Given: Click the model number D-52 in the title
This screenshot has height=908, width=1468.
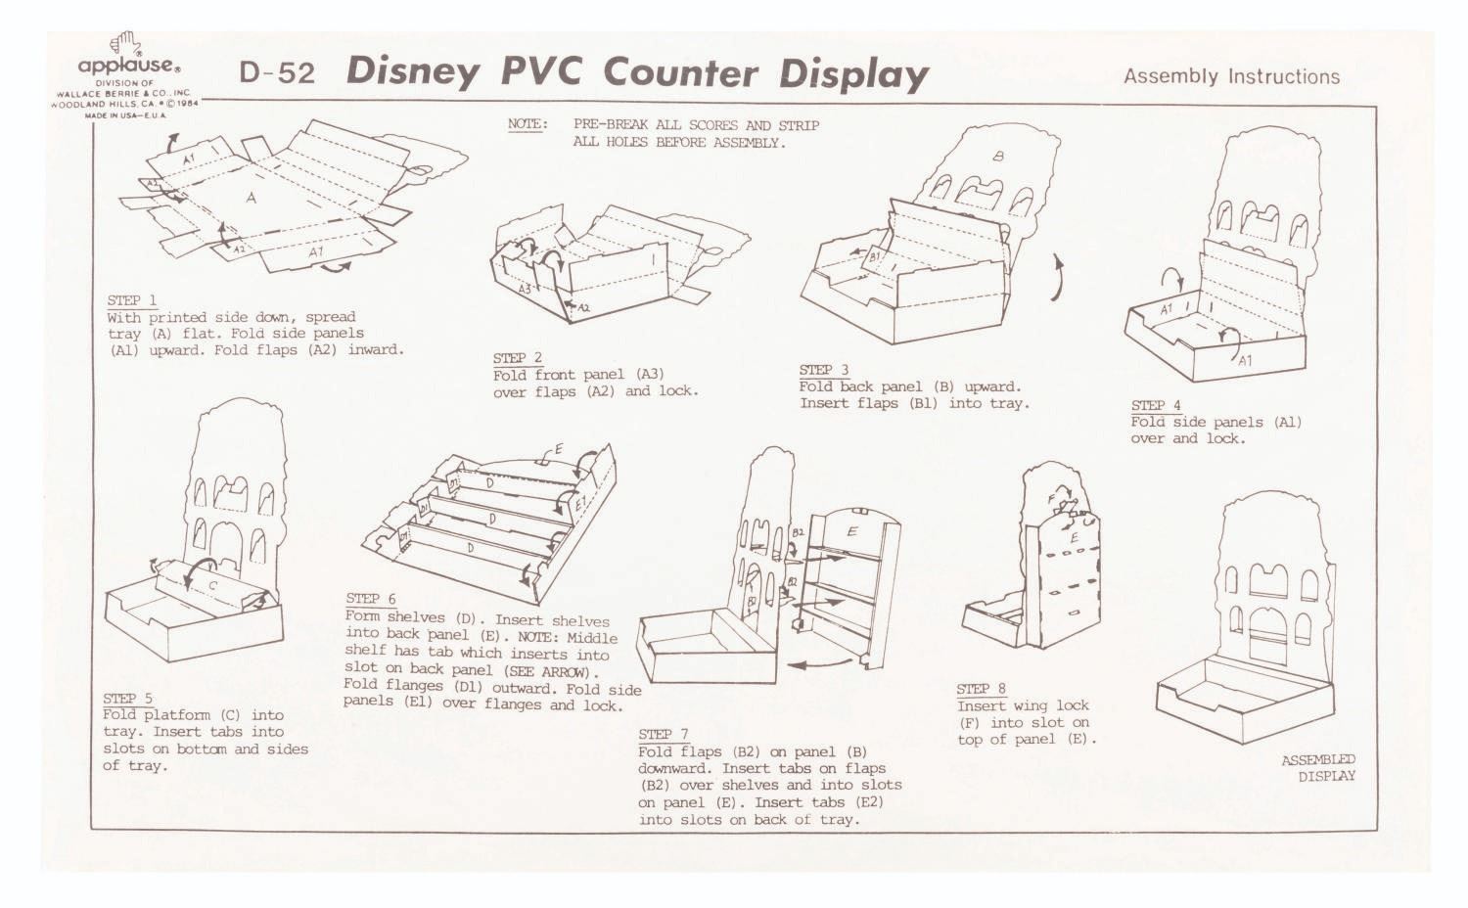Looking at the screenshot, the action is (x=277, y=72).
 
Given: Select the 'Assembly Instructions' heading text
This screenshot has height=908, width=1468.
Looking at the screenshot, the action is (x=1231, y=76).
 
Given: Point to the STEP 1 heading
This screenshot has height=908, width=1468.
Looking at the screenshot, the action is (x=132, y=300).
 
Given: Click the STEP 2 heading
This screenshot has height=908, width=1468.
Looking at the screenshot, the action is (x=518, y=358).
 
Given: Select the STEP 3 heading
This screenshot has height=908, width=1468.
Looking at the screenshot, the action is (x=824, y=370).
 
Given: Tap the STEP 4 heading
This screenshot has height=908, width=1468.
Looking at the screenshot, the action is (x=1156, y=405).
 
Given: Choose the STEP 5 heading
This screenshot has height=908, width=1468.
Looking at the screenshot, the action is (x=128, y=699).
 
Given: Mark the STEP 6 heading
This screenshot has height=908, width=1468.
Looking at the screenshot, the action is (x=371, y=599).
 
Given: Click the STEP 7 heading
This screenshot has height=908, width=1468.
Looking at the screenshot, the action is (x=664, y=735).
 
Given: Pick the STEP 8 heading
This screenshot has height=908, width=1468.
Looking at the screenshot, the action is (x=981, y=689).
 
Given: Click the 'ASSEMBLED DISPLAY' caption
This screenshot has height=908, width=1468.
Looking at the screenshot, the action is (x=1318, y=768).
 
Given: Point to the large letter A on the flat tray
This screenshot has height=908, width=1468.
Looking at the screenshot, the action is (x=251, y=198).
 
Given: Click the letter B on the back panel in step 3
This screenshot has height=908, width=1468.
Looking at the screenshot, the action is (x=998, y=157).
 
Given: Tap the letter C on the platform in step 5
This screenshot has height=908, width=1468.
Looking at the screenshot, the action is (x=213, y=585).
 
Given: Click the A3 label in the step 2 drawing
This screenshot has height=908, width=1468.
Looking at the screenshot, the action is (x=526, y=289).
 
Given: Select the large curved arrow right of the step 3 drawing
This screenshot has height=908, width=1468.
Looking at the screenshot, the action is (x=1056, y=278).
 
